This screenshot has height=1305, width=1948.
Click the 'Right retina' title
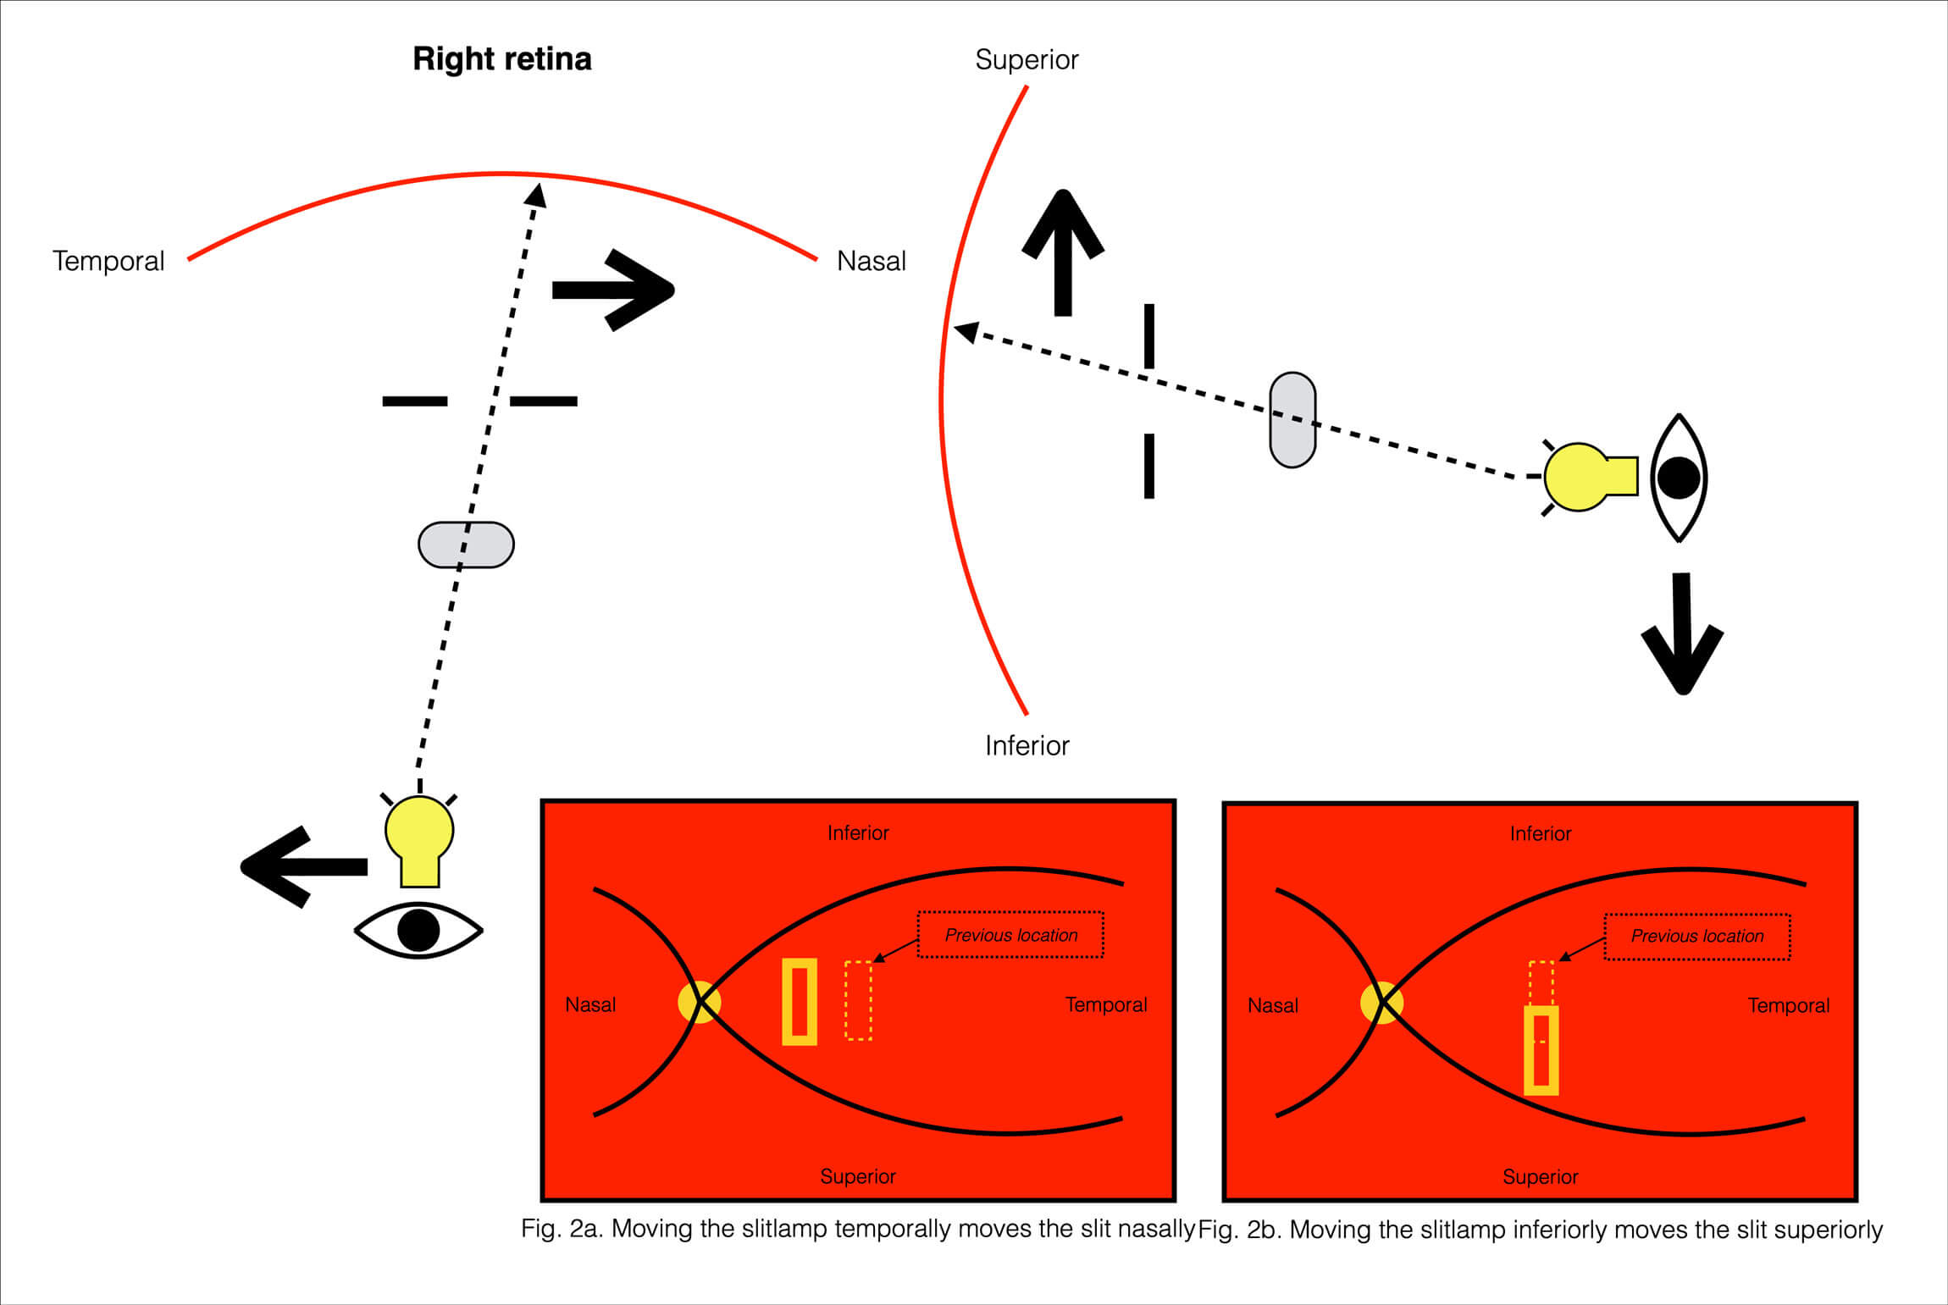501,59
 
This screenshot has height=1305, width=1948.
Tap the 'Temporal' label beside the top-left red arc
108,261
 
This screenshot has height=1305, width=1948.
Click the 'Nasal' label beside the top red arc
871,261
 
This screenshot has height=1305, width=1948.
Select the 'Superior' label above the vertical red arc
1027,60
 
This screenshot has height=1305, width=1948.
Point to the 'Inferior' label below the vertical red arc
1027,745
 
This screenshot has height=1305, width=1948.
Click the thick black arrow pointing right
614,290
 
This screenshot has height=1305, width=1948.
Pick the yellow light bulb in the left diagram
419,838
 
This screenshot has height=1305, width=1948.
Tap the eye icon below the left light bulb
418,930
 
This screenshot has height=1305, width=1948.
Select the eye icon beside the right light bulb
1679,478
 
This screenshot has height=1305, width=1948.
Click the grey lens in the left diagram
466,545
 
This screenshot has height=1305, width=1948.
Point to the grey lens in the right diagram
1292,420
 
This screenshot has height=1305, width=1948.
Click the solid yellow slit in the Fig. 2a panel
799,1002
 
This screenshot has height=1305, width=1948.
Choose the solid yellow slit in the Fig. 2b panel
1541,1050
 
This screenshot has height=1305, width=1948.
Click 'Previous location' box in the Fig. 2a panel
1010,935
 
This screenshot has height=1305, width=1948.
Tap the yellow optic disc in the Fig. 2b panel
1381,1003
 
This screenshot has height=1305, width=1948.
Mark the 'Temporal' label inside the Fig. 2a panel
1105,1005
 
